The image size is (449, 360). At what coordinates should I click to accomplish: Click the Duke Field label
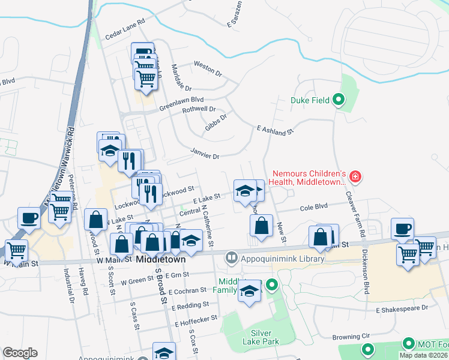tap(310, 100)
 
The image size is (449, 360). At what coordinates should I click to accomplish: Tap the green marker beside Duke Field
tap(339, 100)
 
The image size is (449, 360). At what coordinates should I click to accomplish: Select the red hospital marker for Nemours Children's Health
tap(355, 176)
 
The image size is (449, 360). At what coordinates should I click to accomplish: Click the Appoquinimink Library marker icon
tap(231, 259)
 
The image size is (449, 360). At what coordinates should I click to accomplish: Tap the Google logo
tap(20, 353)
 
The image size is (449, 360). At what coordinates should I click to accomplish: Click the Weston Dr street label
tap(208, 68)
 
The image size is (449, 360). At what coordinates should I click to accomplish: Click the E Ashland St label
tap(274, 130)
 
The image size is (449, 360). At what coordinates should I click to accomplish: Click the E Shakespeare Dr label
tap(402, 308)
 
